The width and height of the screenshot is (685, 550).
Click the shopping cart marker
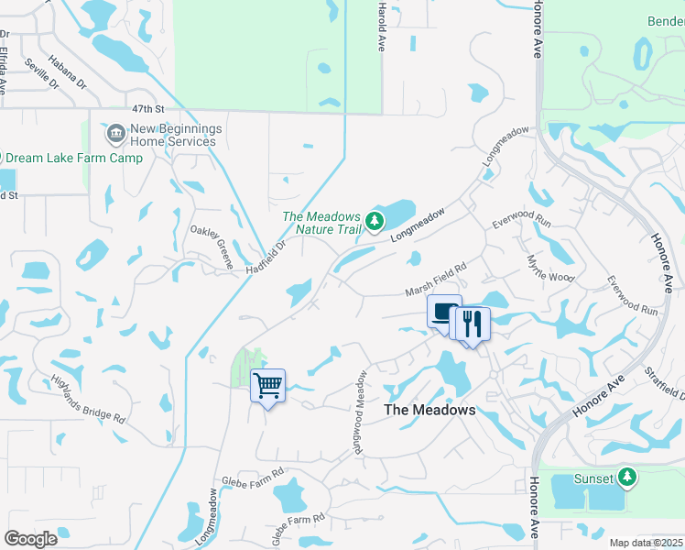pyautogui.click(x=267, y=385)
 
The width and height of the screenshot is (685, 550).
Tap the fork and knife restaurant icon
pyautogui.click(x=473, y=324)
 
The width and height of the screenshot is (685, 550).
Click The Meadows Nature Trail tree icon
pyautogui.click(x=374, y=221)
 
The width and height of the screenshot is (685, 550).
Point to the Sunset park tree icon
pyautogui.click(x=626, y=478)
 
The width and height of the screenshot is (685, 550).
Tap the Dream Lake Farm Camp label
pyautogui.click(x=75, y=159)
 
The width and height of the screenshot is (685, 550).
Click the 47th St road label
pyautogui.click(x=147, y=108)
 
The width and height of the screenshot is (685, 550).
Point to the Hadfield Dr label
pyautogui.click(x=266, y=258)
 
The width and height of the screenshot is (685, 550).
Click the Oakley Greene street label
pyautogui.click(x=212, y=247)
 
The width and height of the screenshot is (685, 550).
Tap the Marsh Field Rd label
pyautogui.click(x=437, y=280)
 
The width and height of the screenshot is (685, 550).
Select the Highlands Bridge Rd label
pyautogui.click(x=88, y=400)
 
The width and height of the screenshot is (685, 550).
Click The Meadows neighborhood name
pyautogui.click(x=429, y=410)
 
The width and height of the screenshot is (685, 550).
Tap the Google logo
pyautogui.click(x=31, y=539)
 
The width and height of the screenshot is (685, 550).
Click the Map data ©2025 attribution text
pyautogui.click(x=646, y=543)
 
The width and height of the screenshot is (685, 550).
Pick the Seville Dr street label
pyautogui.click(x=41, y=72)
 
